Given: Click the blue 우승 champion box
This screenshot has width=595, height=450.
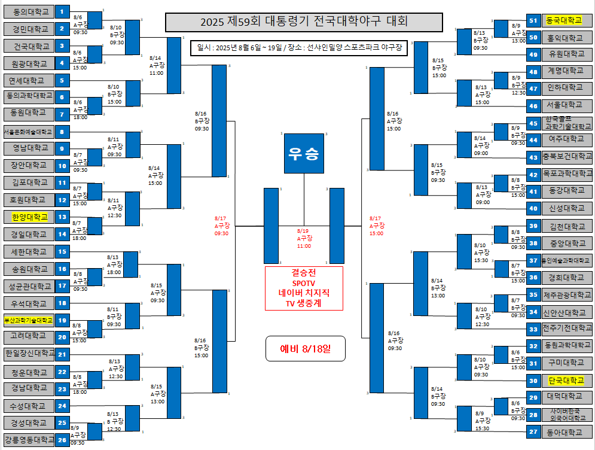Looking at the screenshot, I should click(x=304, y=153).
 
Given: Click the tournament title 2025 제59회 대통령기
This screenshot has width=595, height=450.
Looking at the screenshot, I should click(x=304, y=22).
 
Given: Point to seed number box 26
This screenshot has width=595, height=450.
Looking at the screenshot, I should click(x=62, y=440).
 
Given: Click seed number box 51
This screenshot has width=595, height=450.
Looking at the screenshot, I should click(x=533, y=20).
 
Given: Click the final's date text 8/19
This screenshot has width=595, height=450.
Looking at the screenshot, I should click(x=304, y=230).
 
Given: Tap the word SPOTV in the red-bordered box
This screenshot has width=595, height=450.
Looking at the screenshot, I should click(x=304, y=283).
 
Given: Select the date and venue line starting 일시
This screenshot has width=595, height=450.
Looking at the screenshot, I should click(x=304, y=47).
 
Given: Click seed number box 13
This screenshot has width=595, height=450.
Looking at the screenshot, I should click(x=62, y=217).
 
